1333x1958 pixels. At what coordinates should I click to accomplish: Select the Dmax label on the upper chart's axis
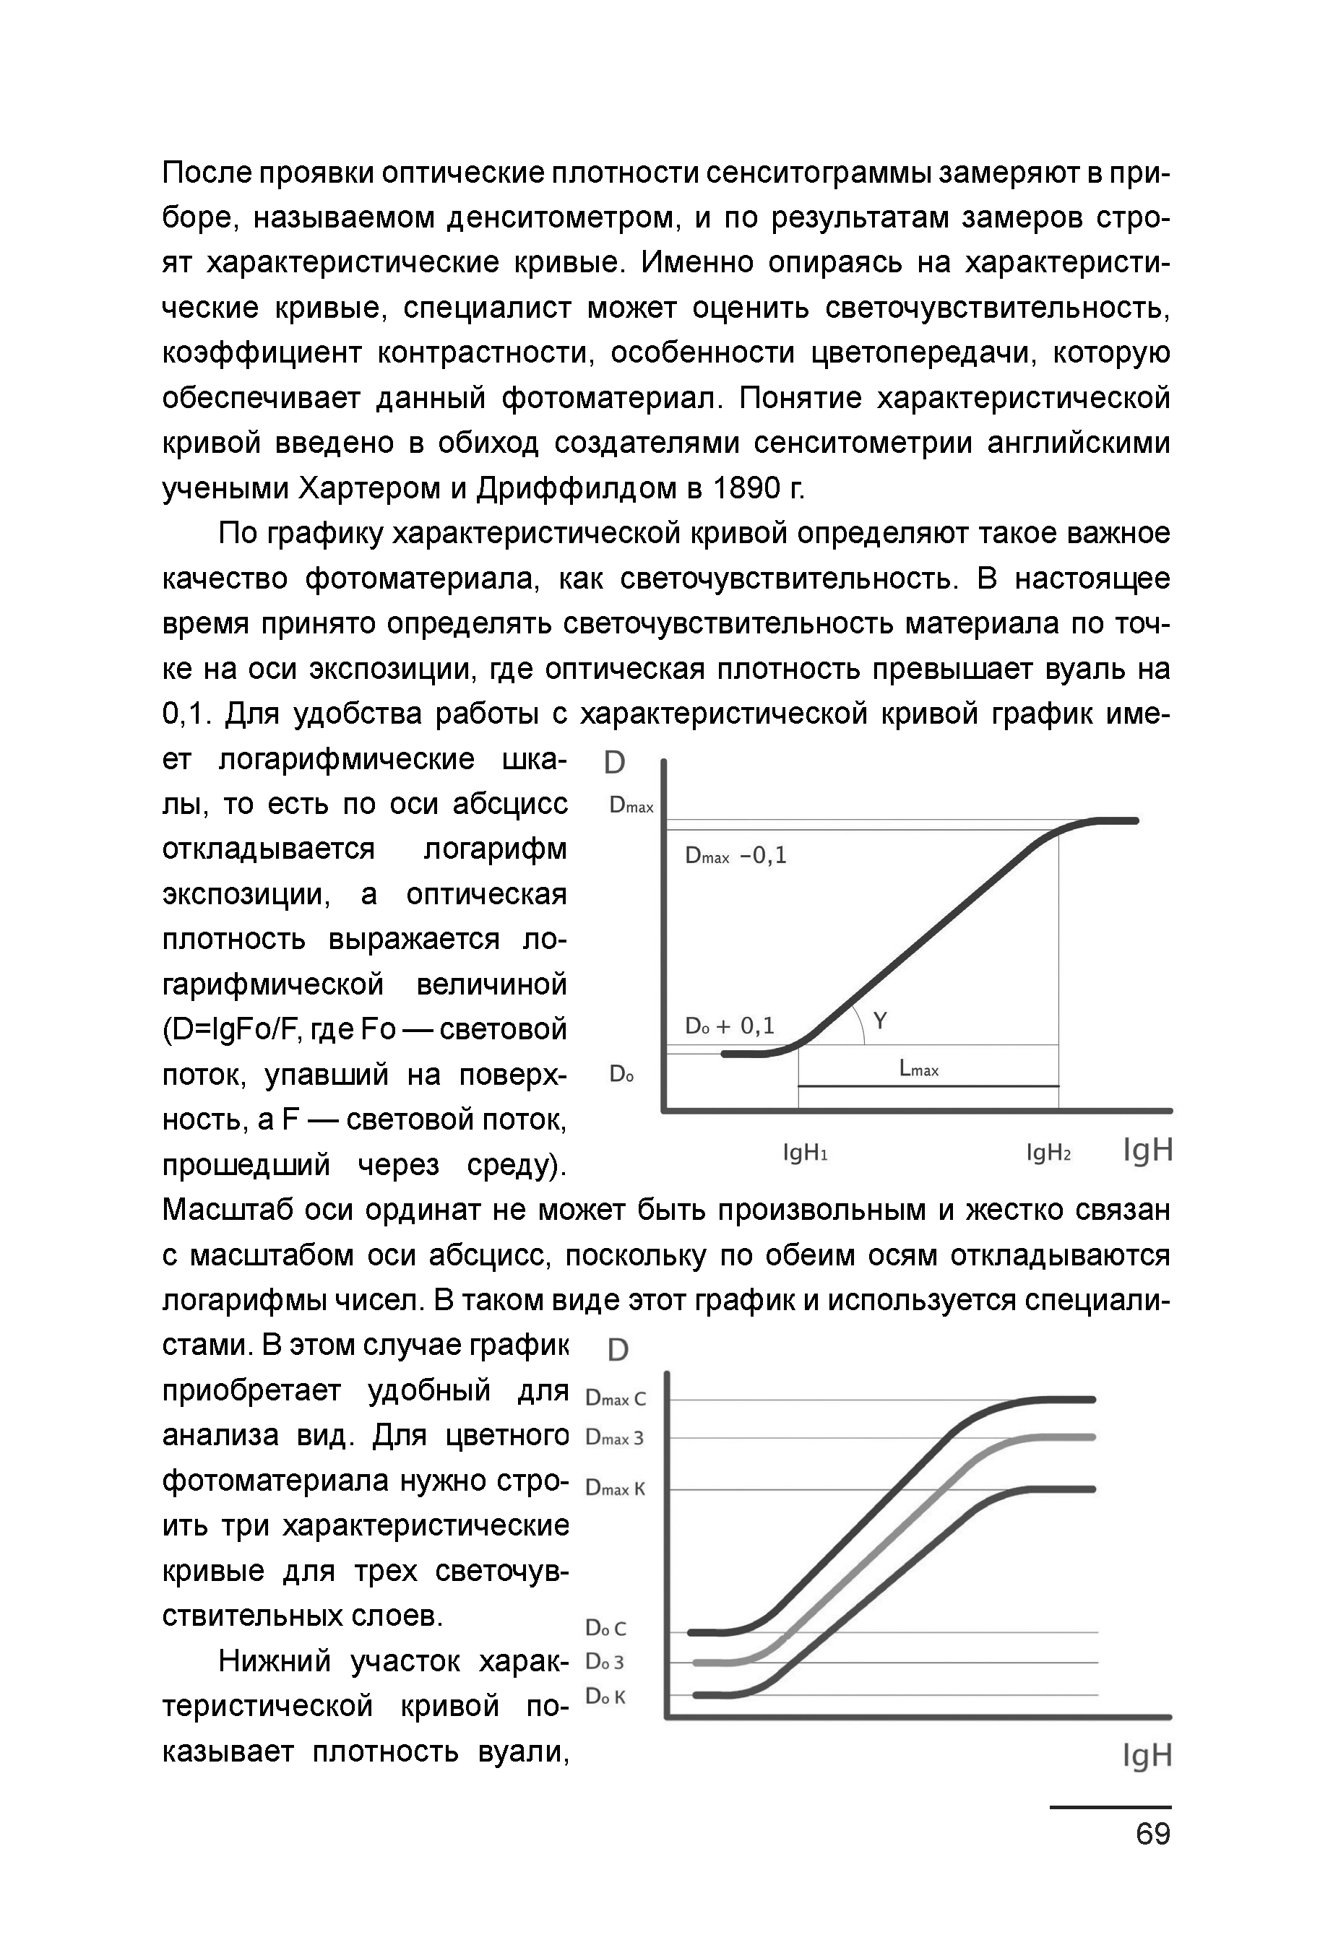[631, 805]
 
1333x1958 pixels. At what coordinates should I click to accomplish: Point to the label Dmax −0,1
[735, 856]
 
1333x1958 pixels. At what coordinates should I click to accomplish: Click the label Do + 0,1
[730, 1026]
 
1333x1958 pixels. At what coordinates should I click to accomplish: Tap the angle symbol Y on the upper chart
[880, 1021]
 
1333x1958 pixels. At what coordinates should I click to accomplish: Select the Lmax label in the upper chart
[918, 1069]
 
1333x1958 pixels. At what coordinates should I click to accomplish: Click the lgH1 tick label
[805, 1153]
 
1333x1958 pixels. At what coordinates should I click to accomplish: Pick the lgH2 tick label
[1048, 1153]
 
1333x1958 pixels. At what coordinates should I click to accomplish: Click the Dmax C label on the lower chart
[615, 1398]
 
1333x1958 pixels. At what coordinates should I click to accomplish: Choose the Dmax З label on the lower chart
[614, 1438]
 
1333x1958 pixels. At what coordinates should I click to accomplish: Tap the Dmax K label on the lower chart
[615, 1489]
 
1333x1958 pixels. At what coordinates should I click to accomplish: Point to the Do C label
[606, 1628]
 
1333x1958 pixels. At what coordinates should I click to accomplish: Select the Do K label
[606, 1696]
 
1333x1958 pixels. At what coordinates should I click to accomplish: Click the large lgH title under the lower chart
[1147, 1756]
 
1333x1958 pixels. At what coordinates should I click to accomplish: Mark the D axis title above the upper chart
[615, 763]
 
